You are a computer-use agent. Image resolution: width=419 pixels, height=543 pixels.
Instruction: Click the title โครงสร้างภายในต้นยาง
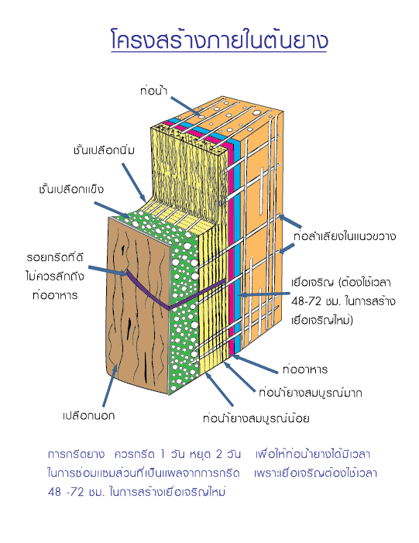(219, 40)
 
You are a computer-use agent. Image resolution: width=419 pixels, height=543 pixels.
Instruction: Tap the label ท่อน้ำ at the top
(154, 91)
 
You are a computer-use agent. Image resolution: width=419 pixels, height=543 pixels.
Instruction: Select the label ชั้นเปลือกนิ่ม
(104, 150)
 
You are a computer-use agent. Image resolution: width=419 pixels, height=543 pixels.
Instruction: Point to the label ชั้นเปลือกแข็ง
(71, 189)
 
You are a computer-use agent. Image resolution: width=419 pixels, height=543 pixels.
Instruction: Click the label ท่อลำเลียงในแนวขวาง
(344, 236)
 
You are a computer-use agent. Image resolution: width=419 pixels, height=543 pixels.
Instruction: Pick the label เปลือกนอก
(88, 415)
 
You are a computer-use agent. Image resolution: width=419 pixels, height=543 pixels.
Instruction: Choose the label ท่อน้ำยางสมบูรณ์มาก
(311, 393)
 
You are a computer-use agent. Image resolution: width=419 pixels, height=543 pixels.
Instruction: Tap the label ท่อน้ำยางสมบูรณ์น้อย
(256, 418)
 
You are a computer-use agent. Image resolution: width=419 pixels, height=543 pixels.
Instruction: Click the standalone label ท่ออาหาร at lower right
(304, 369)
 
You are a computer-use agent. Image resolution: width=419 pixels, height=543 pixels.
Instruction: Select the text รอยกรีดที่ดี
(55, 258)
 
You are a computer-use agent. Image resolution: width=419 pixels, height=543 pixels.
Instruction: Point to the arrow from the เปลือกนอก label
(109, 385)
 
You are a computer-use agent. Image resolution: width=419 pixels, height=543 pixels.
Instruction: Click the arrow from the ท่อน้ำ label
(185, 106)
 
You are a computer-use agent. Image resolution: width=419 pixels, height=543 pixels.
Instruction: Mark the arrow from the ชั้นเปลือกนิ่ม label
(134, 183)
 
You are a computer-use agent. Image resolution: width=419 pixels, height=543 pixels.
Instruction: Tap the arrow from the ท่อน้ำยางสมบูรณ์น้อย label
(219, 389)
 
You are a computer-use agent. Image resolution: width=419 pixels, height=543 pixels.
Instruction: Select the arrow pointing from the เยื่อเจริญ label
(264, 294)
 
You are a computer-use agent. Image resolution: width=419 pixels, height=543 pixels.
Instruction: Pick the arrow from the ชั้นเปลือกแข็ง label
(113, 210)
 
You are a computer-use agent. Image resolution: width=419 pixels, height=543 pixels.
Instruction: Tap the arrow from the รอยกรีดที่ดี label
(108, 271)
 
